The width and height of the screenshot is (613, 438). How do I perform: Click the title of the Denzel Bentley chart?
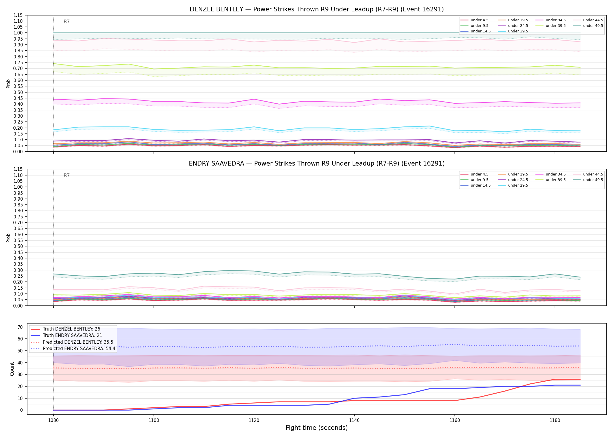(317, 9)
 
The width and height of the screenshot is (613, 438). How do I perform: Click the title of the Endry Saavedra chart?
(317, 164)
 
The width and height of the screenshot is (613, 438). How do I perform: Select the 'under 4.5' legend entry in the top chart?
(474, 20)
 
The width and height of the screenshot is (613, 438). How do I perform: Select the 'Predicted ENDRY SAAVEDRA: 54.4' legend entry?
(73, 349)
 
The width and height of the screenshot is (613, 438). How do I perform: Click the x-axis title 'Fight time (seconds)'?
(317, 428)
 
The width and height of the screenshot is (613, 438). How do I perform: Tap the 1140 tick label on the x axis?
(354, 420)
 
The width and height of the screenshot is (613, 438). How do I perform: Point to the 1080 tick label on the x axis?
(53, 420)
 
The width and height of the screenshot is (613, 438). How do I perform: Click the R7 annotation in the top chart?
(67, 22)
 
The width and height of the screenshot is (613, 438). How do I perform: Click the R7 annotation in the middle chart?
(67, 175)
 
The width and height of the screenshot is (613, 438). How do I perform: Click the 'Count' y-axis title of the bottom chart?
(12, 369)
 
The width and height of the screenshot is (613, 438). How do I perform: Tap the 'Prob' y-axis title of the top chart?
(8, 84)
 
